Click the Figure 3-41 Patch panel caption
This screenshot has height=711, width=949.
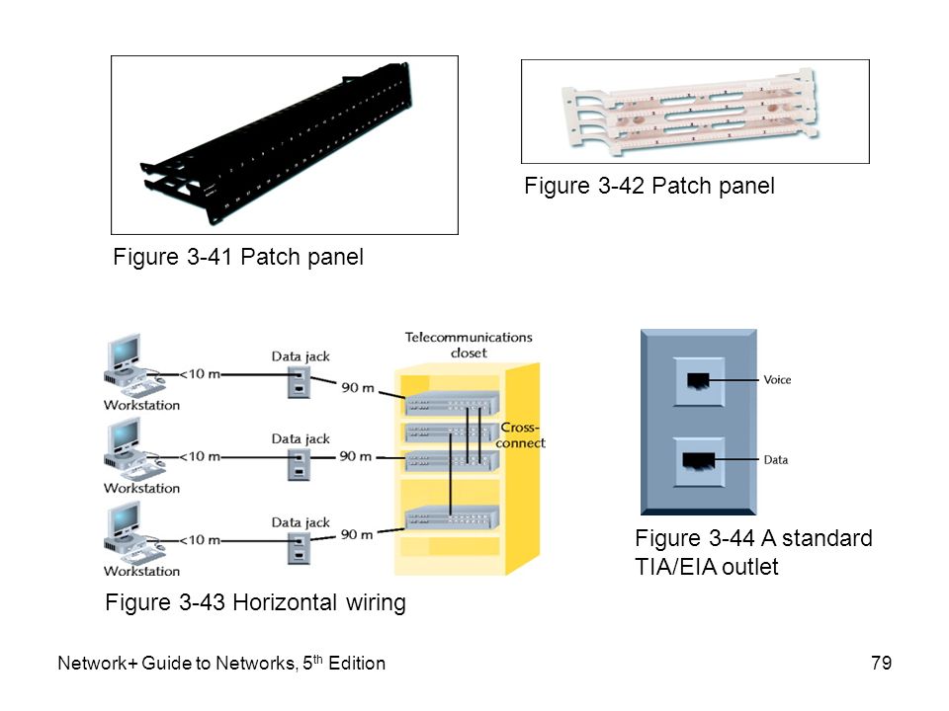click(x=238, y=257)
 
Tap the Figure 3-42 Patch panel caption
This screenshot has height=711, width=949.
click(x=648, y=186)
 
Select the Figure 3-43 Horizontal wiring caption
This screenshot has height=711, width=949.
click(x=255, y=602)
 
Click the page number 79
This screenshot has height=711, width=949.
click(x=881, y=663)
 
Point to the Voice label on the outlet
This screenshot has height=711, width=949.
click(x=777, y=379)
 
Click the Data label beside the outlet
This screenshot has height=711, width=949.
click(x=776, y=460)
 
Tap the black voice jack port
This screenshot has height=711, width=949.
click(x=698, y=381)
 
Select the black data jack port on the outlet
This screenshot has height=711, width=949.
click(x=699, y=461)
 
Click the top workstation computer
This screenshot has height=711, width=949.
click(x=132, y=365)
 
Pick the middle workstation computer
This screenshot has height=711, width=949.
click(x=132, y=448)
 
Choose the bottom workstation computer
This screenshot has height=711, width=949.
click(x=132, y=531)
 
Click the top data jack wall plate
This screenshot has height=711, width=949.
click(x=299, y=383)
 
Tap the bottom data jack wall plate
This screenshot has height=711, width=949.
click(x=299, y=548)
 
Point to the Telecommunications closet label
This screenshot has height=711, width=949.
click(x=469, y=345)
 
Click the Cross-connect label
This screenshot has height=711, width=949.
click(x=521, y=435)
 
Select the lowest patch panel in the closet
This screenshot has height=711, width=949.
click(x=453, y=517)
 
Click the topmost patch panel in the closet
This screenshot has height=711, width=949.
click(x=453, y=403)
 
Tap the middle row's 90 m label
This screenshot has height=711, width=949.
click(x=355, y=456)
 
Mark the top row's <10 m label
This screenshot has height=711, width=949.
click(x=199, y=374)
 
